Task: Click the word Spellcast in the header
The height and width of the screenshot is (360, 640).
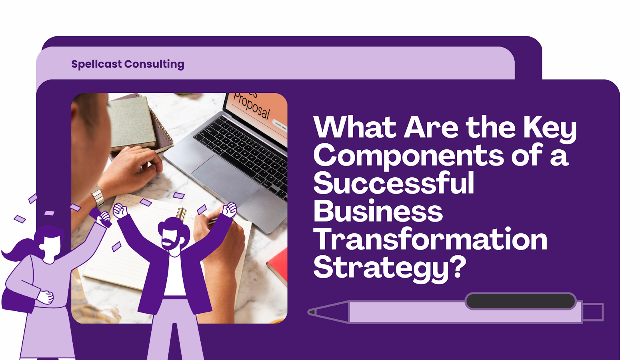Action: [96, 64]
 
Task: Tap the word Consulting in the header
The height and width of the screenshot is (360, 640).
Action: [154, 64]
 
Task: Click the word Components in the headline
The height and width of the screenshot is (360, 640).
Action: [408, 156]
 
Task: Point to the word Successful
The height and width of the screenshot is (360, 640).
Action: [394, 183]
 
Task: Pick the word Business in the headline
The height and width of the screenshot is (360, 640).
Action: [378, 211]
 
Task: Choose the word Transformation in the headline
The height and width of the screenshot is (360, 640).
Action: [430, 239]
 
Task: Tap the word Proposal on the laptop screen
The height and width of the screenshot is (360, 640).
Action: [252, 106]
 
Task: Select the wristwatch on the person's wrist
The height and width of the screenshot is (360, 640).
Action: [97, 196]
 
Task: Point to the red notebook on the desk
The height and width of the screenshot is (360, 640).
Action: [278, 264]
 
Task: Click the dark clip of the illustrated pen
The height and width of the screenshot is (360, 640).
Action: [520, 301]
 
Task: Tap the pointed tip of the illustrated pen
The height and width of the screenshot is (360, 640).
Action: [312, 312]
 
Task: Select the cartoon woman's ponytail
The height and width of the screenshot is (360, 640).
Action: [20, 250]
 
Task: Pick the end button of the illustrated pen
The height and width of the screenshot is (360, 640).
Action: [593, 312]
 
